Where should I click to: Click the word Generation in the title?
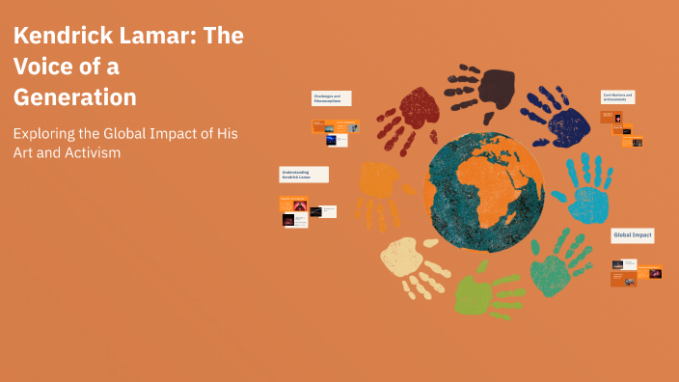[x=74, y=97]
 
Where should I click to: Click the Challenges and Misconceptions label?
[x=331, y=98]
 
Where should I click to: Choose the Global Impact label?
[x=632, y=235]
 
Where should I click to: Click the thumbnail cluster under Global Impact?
[x=636, y=272]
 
